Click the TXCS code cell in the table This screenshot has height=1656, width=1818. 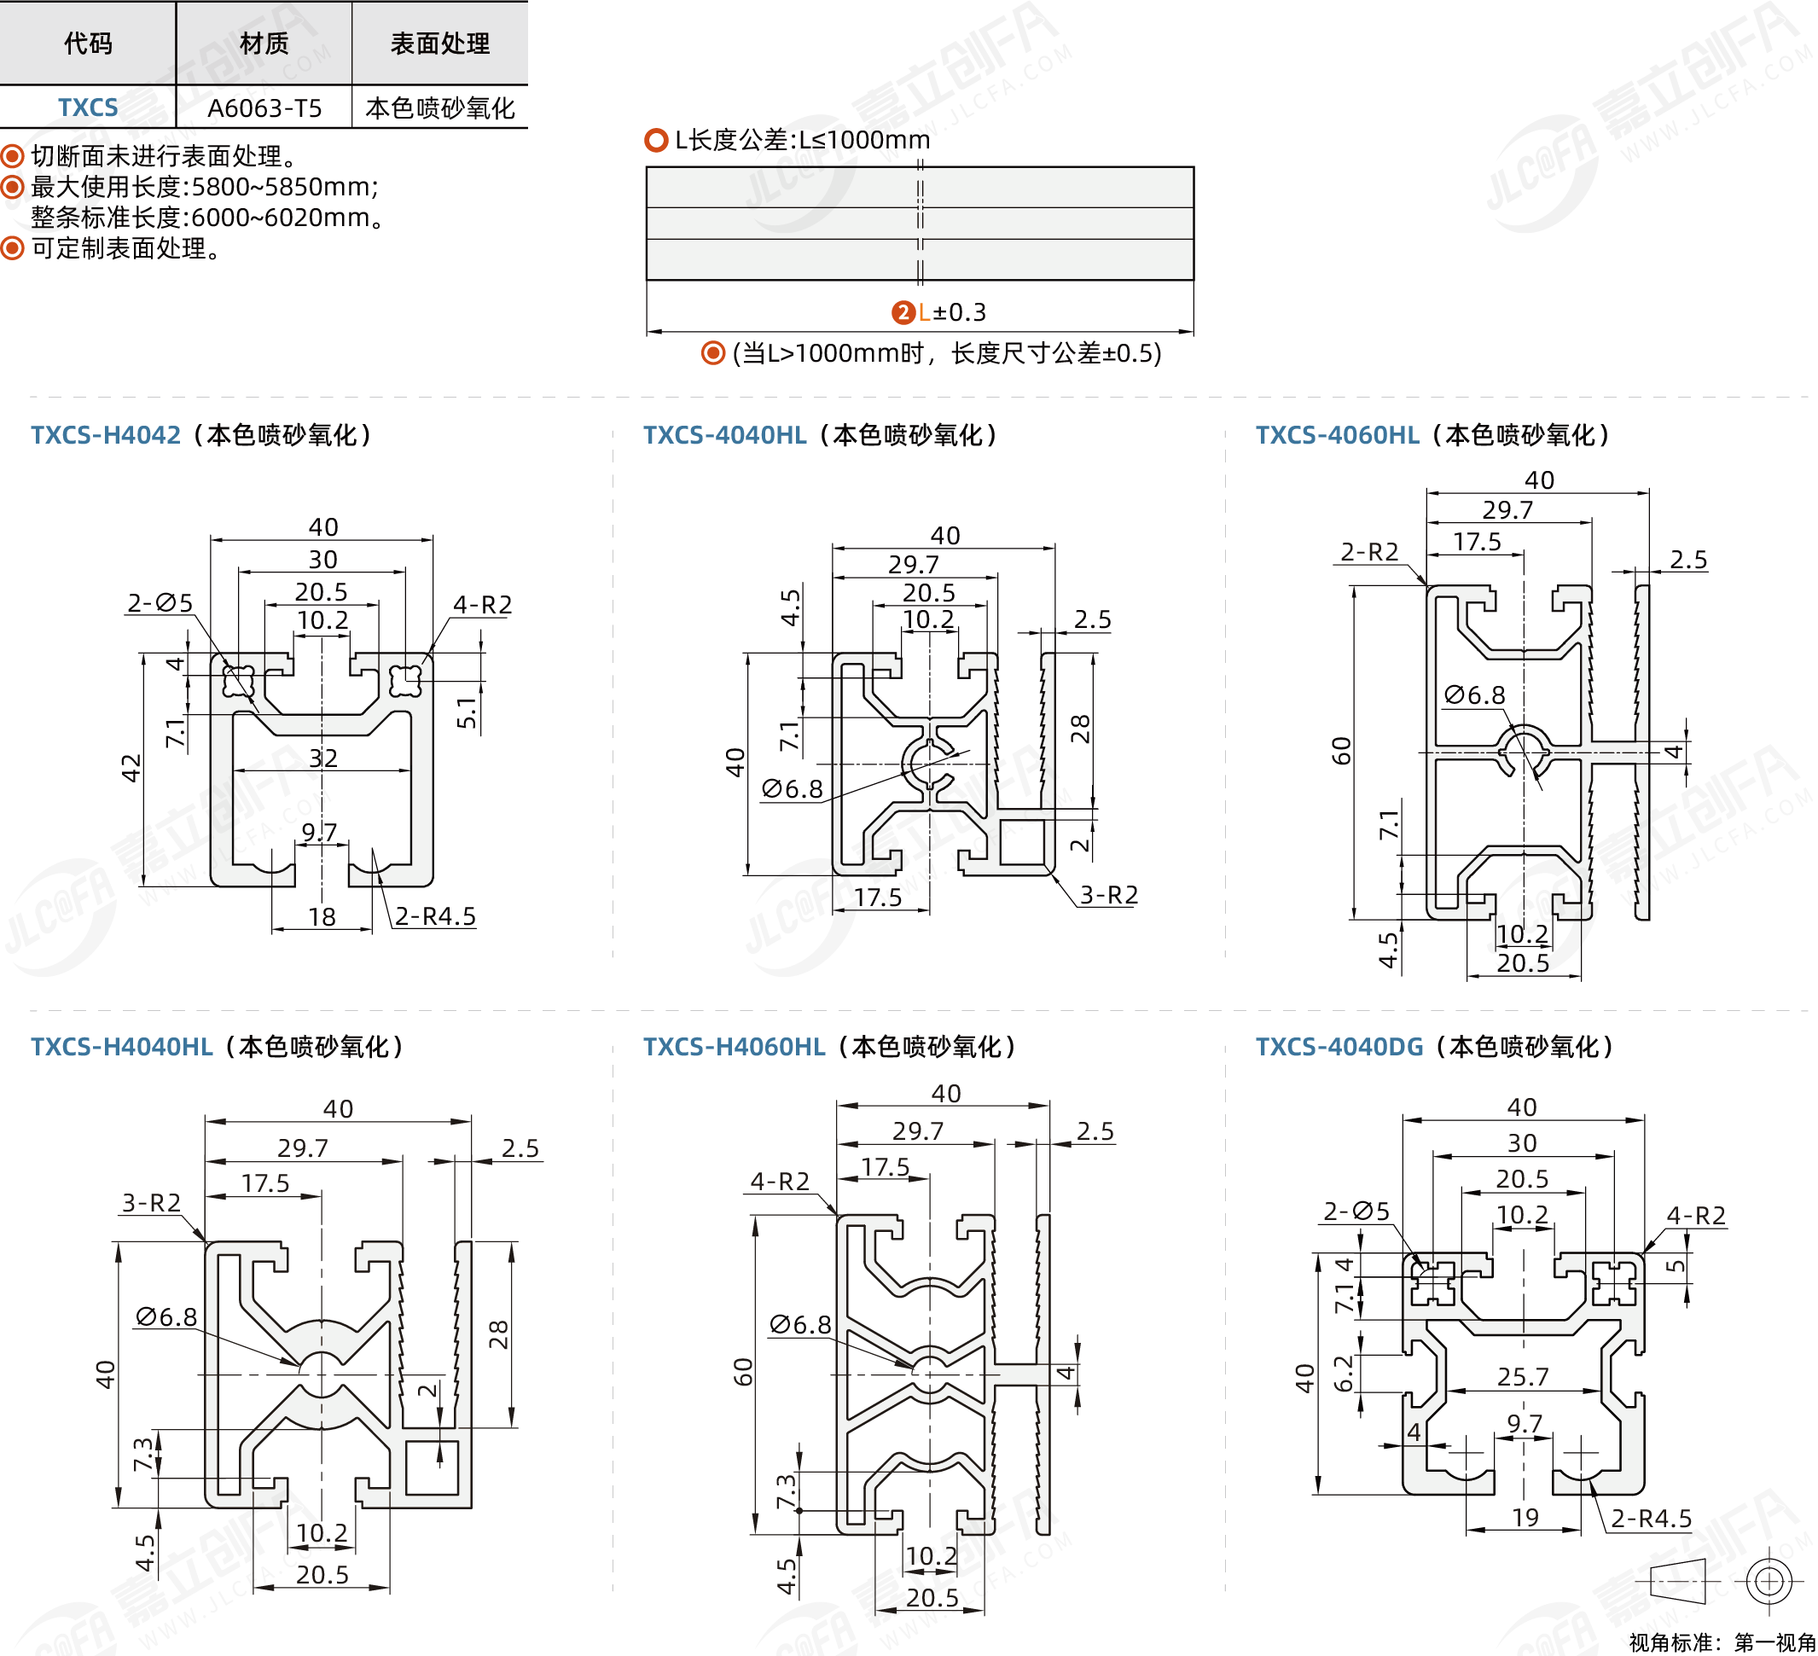(88, 107)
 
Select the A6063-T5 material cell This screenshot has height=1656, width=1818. (264, 108)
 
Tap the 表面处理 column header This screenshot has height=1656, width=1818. (439, 44)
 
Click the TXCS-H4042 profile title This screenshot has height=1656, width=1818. (106, 435)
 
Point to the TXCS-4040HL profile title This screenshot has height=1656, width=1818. (724, 435)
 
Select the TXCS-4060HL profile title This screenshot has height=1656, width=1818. (1338, 435)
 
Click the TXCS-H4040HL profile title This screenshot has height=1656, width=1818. (122, 1046)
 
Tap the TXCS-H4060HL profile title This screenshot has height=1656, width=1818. (734, 1046)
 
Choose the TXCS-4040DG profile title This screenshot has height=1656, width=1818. (1339, 1046)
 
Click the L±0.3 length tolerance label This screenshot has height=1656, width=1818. (952, 312)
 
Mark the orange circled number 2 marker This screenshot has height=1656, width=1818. (903, 312)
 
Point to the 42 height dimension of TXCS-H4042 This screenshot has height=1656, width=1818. (131, 768)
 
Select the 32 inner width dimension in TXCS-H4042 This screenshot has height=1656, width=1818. (322, 758)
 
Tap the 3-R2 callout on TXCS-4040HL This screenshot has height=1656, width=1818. (1109, 895)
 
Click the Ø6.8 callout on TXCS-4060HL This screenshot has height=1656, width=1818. (1474, 694)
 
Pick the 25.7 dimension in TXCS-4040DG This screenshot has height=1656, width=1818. (1522, 1376)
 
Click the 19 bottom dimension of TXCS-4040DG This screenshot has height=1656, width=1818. (1525, 1518)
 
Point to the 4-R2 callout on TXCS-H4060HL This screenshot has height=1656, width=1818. (780, 1181)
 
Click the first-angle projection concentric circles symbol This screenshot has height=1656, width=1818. (1769, 1581)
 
